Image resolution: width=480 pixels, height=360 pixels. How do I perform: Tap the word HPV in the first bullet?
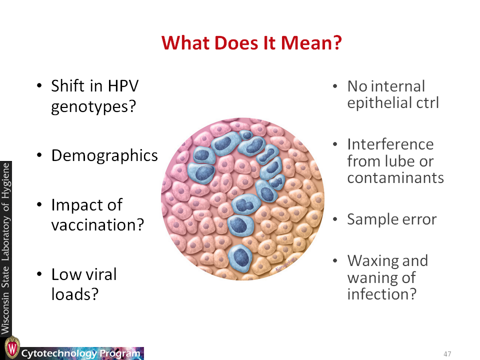click(x=123, y=85)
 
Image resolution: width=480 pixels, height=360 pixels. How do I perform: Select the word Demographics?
click(x=104, y=156)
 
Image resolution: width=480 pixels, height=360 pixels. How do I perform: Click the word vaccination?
click(x=97, y=225)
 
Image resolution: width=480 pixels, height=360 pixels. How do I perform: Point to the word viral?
click(x=100, y=274)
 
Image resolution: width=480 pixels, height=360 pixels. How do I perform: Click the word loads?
click(x=75, y=294)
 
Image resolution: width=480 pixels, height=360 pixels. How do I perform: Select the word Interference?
click(x=390, y=144)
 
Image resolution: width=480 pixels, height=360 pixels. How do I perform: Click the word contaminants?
click(x=395, y=178)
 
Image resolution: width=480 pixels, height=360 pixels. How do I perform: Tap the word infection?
click(x=381, y=294)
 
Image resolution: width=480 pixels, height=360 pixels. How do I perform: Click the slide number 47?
click(x=447, y=354)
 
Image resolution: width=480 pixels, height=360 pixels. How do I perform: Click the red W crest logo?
click(x=12, y=348)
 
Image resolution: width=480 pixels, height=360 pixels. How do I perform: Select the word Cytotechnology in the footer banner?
click(x=59, y=354)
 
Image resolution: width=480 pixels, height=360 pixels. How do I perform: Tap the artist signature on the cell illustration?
click(x=284, y=264)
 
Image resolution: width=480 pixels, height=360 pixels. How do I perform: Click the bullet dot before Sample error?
click(x=335, y=219)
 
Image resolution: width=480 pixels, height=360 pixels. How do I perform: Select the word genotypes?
click(x=93, y=107)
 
